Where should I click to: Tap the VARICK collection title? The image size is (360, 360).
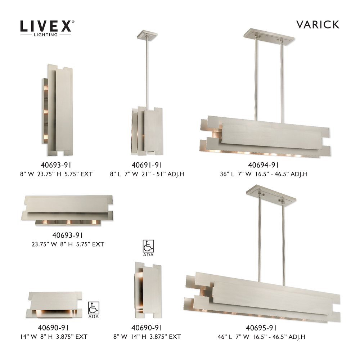318,24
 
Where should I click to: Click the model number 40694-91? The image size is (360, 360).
264,166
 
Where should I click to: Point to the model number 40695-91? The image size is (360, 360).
261,328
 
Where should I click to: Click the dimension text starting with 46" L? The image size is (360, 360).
261,337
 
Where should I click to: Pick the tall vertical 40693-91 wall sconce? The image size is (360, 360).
58,108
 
